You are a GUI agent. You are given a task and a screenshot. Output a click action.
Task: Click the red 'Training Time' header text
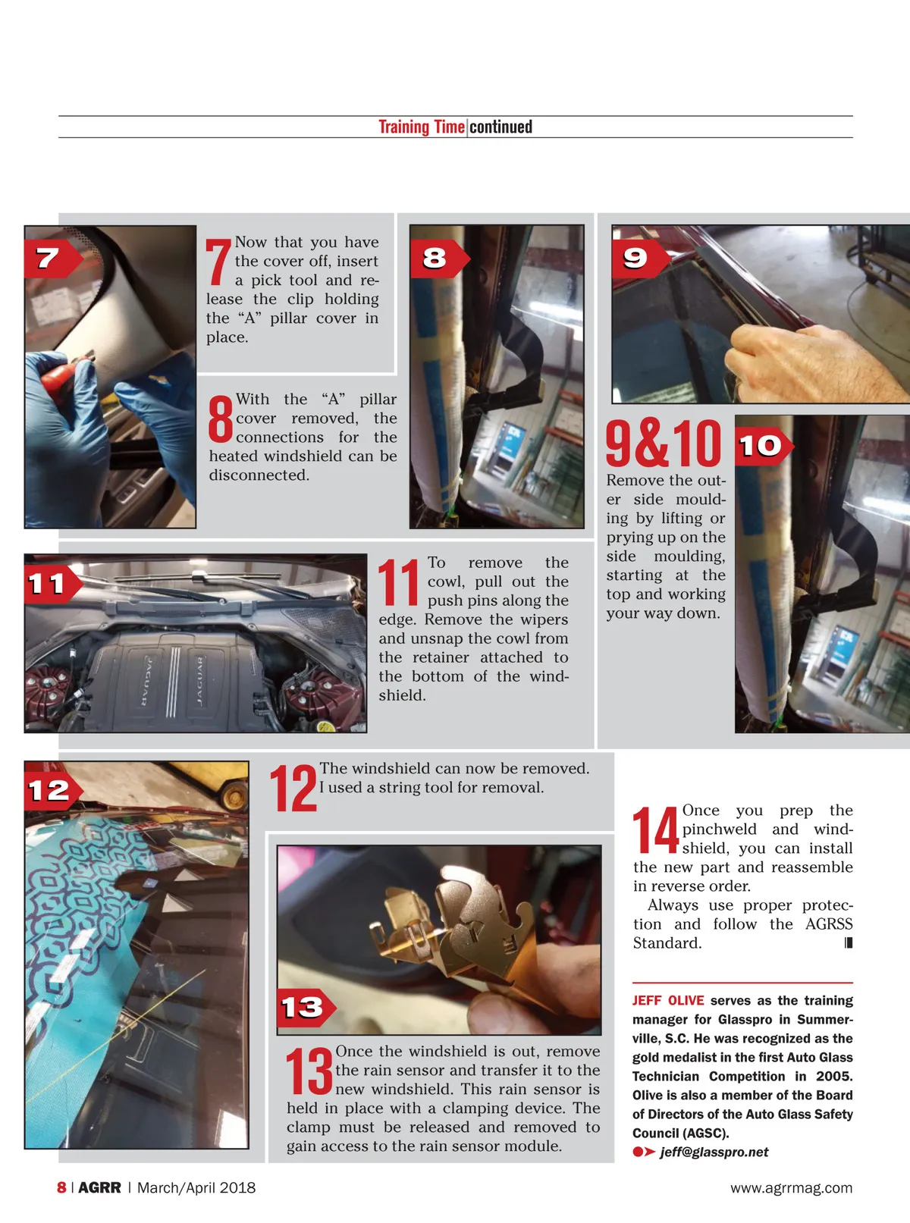pos(422,127)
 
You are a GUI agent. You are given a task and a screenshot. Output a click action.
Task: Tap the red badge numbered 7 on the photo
pos(53,258)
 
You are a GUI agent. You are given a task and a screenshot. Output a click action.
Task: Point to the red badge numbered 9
pos(641,258)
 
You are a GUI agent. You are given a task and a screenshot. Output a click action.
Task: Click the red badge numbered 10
pos(764,446)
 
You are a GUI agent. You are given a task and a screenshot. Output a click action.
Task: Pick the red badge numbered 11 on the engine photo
pos(53,584)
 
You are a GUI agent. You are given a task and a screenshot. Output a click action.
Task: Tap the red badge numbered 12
pos(53,792)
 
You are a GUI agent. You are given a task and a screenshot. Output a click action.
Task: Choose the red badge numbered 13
pos(306,1008)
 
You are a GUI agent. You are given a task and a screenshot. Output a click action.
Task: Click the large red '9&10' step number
pos(664,443)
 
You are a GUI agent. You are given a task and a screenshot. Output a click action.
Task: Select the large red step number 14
pos(656,829)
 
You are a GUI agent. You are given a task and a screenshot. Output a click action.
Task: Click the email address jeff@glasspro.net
pos(714,1152)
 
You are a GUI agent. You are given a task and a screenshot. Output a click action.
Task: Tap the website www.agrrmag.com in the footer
pos(792,1187)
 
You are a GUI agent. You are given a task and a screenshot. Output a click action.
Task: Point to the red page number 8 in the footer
pos(61,1187)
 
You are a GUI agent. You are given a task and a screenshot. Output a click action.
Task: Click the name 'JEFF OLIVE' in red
pos(668,1000)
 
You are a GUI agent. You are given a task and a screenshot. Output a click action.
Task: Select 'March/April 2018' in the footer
pos(196,1187)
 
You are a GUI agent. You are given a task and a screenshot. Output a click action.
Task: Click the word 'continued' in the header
pos(500,127)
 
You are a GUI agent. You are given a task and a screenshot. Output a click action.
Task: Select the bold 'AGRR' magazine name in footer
pos(99,1187)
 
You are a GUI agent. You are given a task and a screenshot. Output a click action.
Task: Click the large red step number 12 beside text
pos(293,788)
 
